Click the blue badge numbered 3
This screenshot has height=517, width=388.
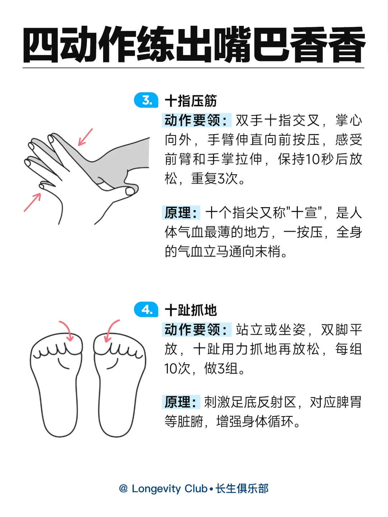[x=146, y=100]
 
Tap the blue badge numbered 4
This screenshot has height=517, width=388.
[x=146, y=309]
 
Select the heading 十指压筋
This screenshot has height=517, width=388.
[x=191, y=101]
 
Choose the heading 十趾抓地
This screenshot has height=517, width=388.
[x=191, y=310]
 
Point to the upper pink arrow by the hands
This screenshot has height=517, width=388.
[x=85, y=137]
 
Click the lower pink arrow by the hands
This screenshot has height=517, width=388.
[x=32, y=202]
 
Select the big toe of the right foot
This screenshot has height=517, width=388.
[x=104, y=344]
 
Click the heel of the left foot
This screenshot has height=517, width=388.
[x=60, y=425]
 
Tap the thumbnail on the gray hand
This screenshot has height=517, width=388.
[x=130, y=191]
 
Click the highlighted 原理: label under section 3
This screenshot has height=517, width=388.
[x=181, y=213]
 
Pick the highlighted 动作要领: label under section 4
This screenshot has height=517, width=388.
[x=197, y=329]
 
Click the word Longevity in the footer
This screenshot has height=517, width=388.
[x=156, y=489]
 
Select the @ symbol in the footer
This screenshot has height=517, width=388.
[x=123, y=489]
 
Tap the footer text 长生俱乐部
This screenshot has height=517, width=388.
[x=242, y=489]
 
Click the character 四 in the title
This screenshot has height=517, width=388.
[x=41, y=45]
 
